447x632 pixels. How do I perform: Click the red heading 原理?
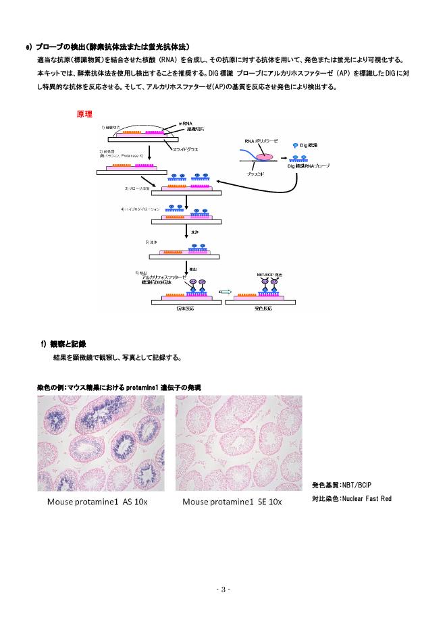84,114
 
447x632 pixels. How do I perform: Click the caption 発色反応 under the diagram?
263,308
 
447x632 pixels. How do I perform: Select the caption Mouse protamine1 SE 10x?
232,502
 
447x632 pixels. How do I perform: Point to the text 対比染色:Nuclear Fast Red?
351,498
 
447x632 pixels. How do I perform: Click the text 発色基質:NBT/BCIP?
341,485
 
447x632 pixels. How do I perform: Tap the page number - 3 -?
223,589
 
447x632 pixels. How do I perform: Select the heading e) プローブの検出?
111,46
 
